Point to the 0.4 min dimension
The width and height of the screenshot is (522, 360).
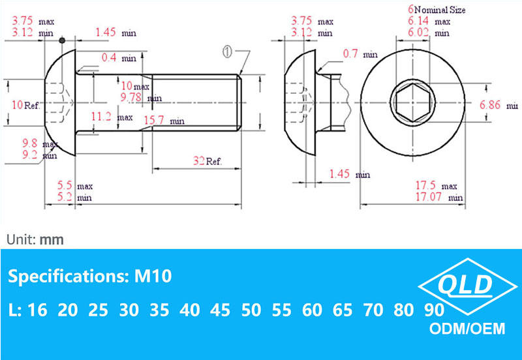click(119, 59)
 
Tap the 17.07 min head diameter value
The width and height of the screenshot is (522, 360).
click(443, 196)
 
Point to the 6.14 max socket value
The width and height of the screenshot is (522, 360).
click(429, 22)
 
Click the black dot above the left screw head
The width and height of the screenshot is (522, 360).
click(62, 41)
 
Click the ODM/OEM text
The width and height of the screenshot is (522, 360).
click(468, 329)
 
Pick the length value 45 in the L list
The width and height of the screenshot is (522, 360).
click(221, 310)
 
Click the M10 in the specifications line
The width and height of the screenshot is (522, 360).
click(153, 277)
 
